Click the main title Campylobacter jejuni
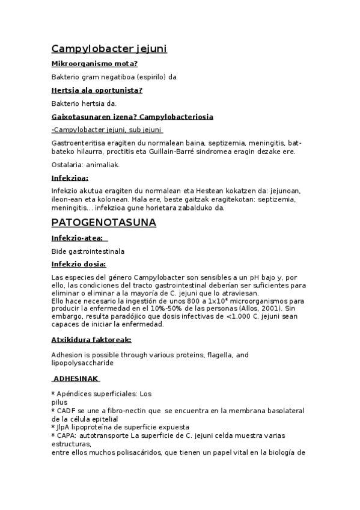pyautogui.click(x=109, y=49)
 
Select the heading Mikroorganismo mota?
pyautogui.click(x=94, y=64)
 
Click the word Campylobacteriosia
pyautogui.click(x=176, y=117)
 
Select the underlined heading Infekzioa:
pyautogui.click(x=70, y=178)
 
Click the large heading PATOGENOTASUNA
pyautogui.click(x=103, y=223)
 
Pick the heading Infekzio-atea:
pyautogui.click(x=76, y=238)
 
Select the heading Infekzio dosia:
pyautogui.click(x=79, y=265)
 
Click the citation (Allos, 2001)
pyautogui.click(x=246, y=309)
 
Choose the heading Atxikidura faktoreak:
pyautogui.click(x=91, y=340)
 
